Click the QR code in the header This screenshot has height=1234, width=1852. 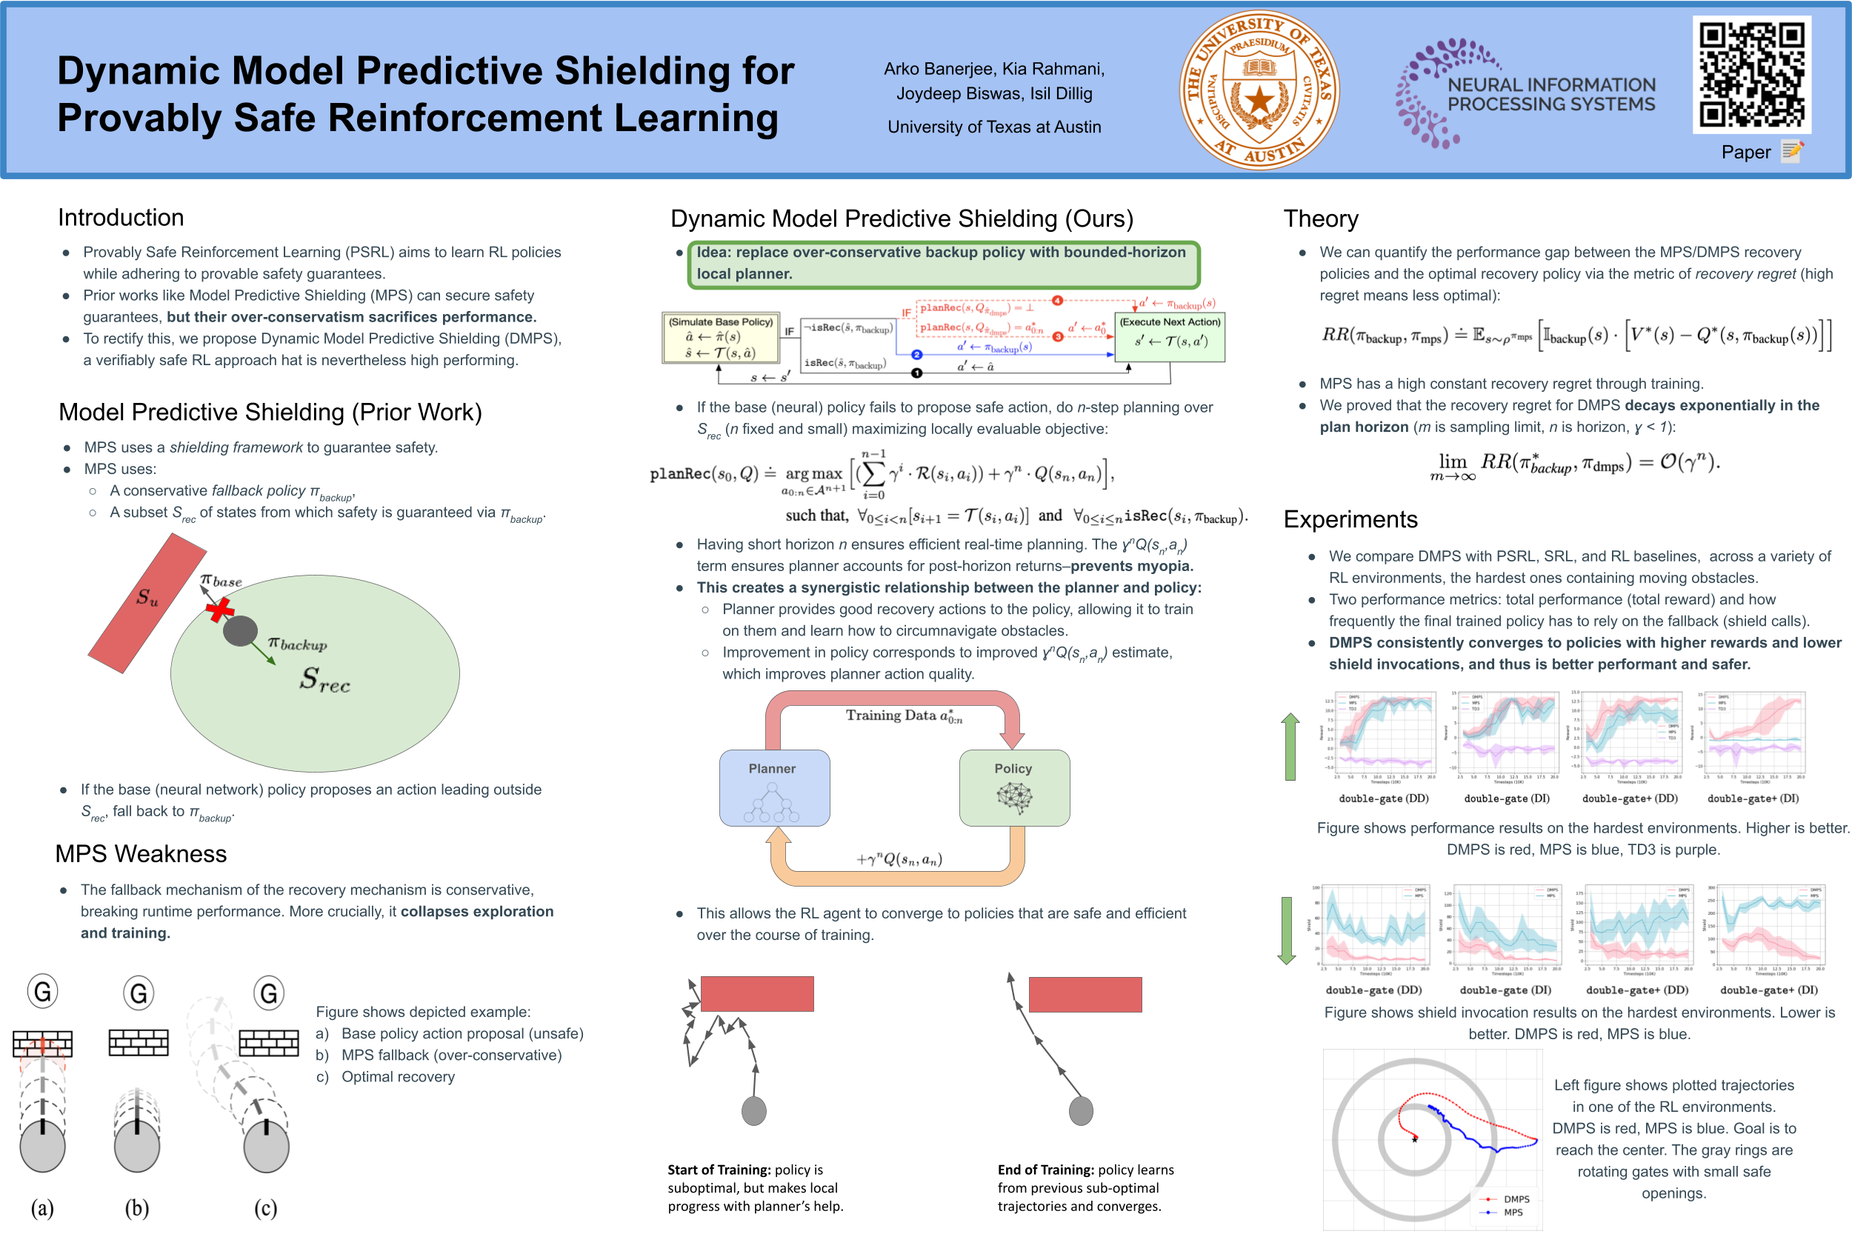[1751, 75]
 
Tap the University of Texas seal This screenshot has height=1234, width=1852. [1259, 90]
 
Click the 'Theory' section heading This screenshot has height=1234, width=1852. [1320, 219]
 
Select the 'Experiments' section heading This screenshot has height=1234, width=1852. [1350, 519]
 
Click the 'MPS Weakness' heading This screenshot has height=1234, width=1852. [141, 854]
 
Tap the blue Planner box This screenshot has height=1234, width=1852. [773, 788]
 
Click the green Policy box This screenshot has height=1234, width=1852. [1013, 788]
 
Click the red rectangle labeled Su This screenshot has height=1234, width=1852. [147, 602]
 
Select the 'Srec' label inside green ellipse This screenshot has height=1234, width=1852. [324, 679]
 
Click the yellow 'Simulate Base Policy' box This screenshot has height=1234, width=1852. [720, 338]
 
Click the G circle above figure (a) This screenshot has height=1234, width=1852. [43, 992]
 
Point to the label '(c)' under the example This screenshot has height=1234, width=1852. [265, 1208]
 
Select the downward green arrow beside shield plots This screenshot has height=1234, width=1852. [1287, 931]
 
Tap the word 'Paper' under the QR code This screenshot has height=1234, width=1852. [1745, 152]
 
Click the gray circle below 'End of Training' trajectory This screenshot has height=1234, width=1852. [1081, 1111]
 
